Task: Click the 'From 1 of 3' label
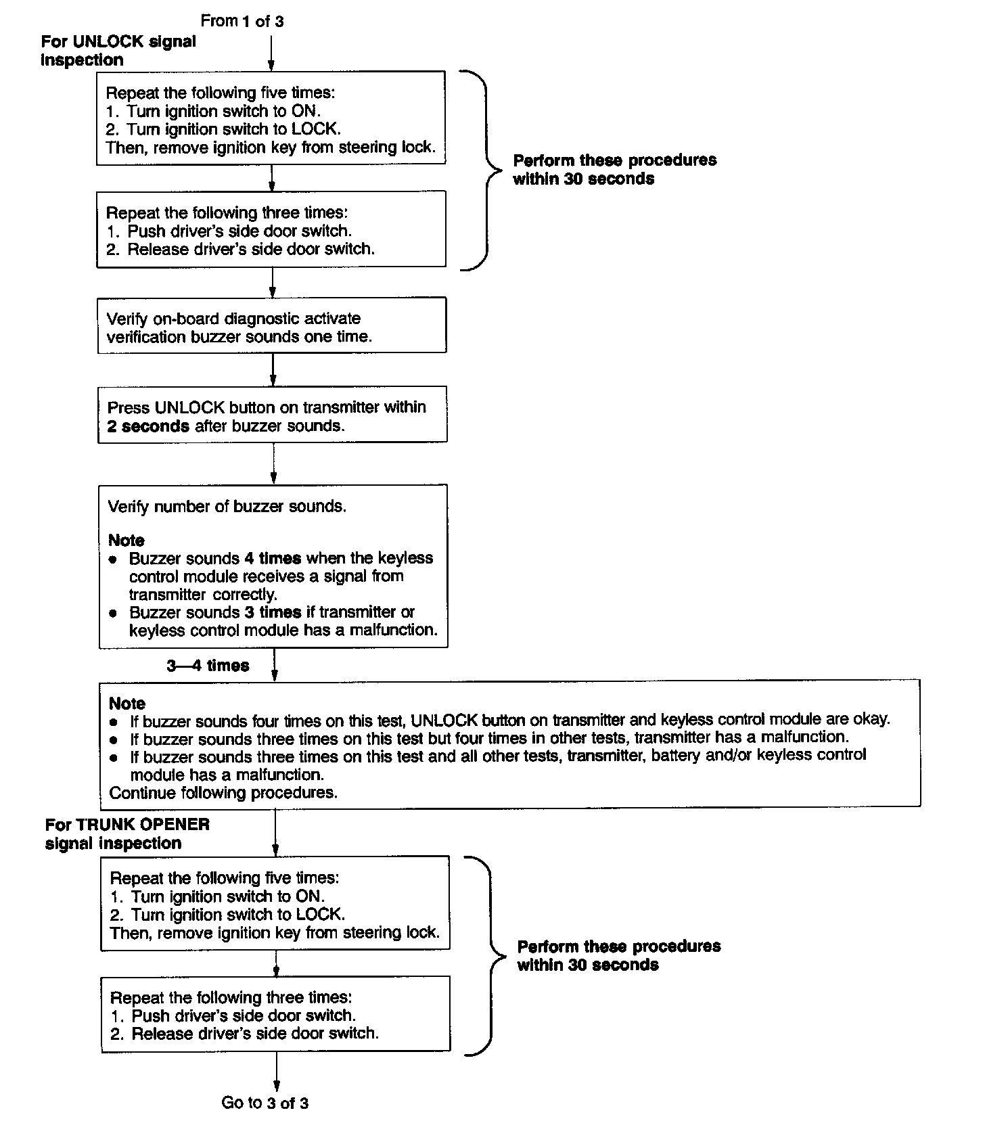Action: pyautogui.click(x=242, y=21)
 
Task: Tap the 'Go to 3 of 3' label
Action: pyautogui.click(x=265, y=1103)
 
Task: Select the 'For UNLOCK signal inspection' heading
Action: pyautogui.click(x=118, y=51)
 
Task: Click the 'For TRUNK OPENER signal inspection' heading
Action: pyautogui.click(x=127, y=833)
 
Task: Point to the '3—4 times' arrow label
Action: pyautogui.click(x=208, y=666)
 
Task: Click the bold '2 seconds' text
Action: pyautogui.click(x=148, y=426)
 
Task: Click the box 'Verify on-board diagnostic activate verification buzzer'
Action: pyautogui.click(x=272, y=327)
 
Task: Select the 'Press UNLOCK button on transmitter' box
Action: pyautogui.click(x=272, y=415)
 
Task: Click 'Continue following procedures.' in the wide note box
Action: pyautogui.click(x=223, y=792)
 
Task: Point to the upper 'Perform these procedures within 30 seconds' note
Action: pyautogui.click(x=614, y=170)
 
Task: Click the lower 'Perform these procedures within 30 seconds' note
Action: pyautogui.click(x=618, y=955)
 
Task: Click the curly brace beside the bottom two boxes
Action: pyautogui.click(x=489, y=955)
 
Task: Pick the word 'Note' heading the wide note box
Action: pyautogui.click(x=127, y=703)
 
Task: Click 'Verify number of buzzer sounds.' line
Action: pyautogui.click(x=227, y=507)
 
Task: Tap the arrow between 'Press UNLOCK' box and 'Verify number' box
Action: pyautogui.click(x=273, y=464)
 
